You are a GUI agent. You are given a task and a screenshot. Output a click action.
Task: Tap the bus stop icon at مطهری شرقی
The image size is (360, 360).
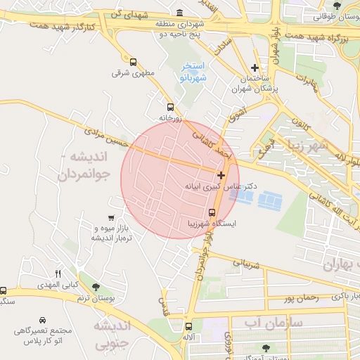(x=133, y=61)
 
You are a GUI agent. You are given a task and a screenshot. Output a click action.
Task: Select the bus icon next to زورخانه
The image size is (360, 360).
(x=170, y=108)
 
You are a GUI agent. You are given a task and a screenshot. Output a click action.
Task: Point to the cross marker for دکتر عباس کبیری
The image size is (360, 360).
(x=221, y=174)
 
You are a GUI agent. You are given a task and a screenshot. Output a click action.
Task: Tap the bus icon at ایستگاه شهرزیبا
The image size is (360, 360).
(x=212, y=212)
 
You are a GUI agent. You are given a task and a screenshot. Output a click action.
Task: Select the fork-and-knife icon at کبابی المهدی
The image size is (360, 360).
(x=58, y=274)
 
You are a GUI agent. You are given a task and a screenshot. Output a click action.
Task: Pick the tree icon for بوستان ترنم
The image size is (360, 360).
(x=96, y=287)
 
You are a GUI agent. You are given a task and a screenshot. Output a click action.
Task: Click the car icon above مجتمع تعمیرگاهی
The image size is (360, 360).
(x=44, y=319)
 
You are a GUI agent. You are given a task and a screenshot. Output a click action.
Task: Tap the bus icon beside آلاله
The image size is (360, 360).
(x=188, y=326)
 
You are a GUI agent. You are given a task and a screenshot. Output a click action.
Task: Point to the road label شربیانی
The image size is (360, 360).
(x=245, y=264)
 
